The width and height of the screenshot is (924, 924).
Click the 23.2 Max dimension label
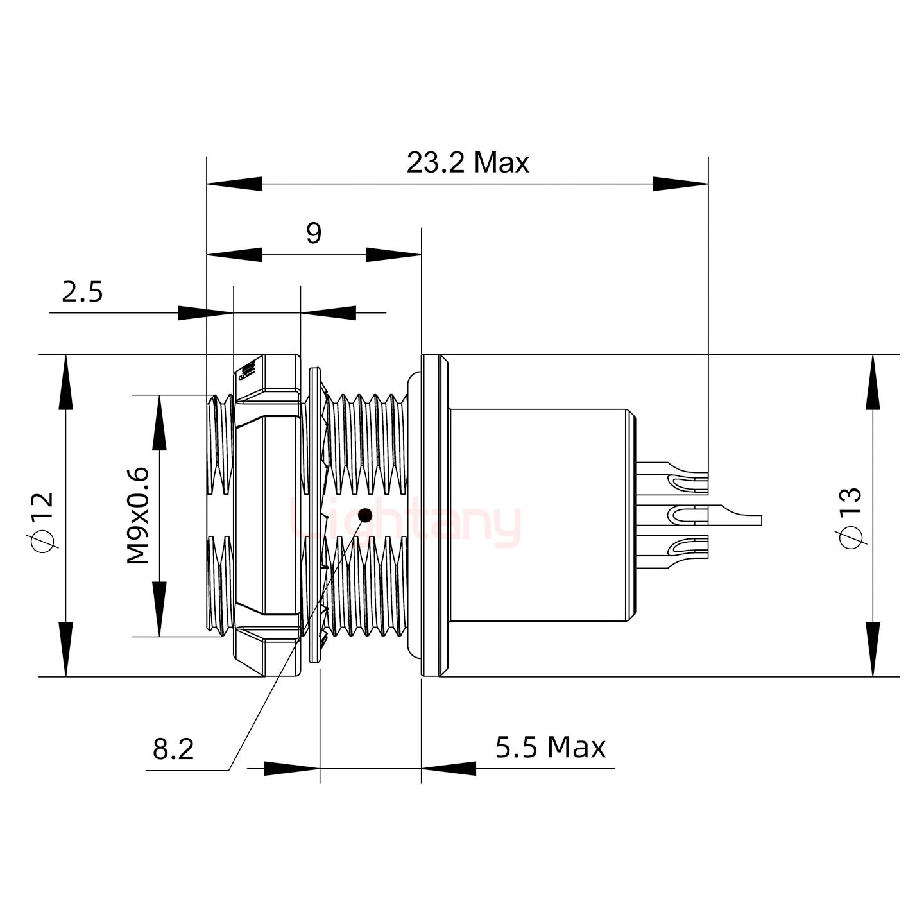point(468,164)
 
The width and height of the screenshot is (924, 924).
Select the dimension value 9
point(313,234)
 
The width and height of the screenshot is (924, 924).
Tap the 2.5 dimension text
point(82,293)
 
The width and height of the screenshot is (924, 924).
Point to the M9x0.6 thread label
point(138,516)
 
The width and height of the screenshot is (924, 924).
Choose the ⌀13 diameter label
point(850,517)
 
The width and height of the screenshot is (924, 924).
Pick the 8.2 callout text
point(173,749)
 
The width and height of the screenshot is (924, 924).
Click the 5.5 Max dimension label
point(550,748)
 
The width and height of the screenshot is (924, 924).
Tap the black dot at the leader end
point(366,515)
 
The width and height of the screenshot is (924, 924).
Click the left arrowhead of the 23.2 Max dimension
point(234,184)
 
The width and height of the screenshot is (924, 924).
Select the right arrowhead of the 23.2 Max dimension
point(681,184)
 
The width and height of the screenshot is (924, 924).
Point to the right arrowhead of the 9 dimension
point(393,255)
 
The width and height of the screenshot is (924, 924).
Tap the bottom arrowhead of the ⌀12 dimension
point(65,649)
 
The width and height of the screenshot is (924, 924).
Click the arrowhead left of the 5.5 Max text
point(449,768)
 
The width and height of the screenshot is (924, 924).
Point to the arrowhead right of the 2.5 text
point(328,313)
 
